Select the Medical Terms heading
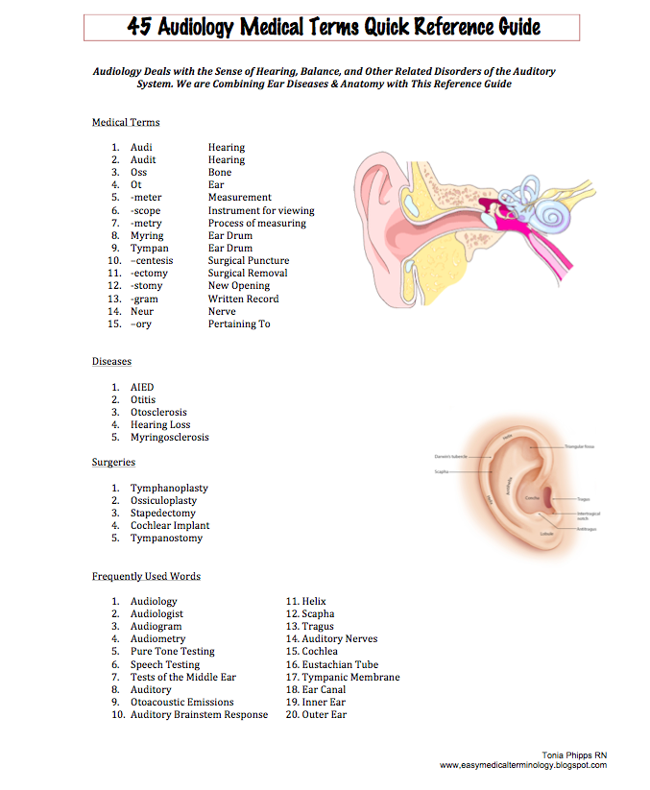(x=126, y=122)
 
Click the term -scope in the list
(x=147, y=210)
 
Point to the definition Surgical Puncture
(x=248, y=260)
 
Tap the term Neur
(x=142, y=311)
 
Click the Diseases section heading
(x=111, y=362)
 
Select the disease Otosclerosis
(x=158, y=412)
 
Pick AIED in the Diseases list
(x=142, y=387)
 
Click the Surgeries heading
(x=113, y=462)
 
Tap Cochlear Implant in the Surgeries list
(x=170, y=525)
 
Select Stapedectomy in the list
(x=164, y=513)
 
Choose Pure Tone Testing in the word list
(x=173, y=651)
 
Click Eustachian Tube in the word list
(x=340, y=664)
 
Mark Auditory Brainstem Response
(x=199, y=714)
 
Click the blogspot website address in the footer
(x=523, y=765)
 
